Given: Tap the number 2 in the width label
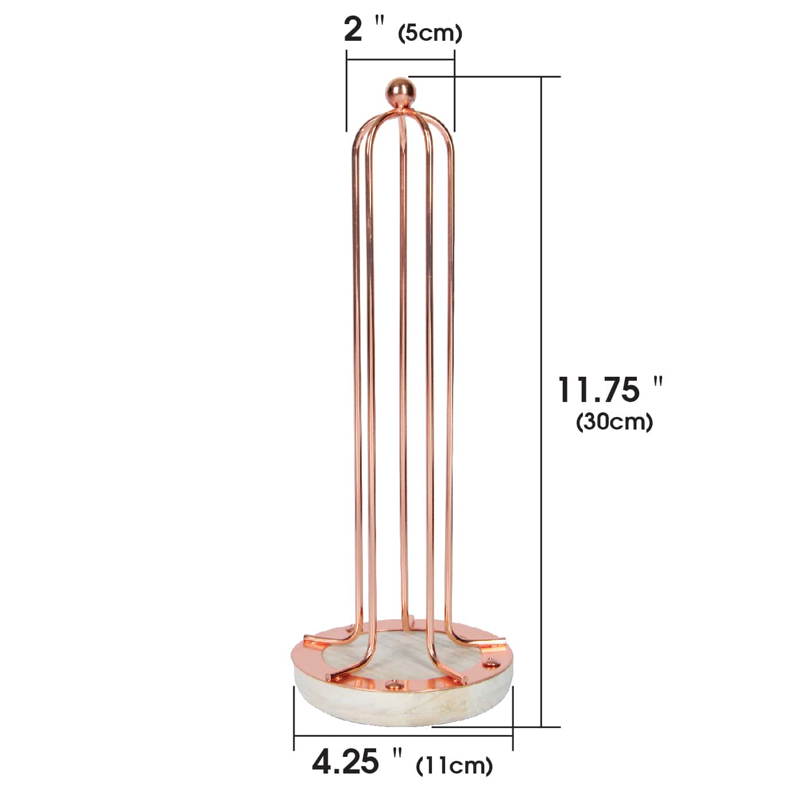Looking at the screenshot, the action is (353, 30).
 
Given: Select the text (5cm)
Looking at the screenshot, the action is (430, 33).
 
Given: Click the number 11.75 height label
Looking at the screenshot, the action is (598, 390).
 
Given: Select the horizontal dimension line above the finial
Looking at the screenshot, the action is (400, 60).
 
